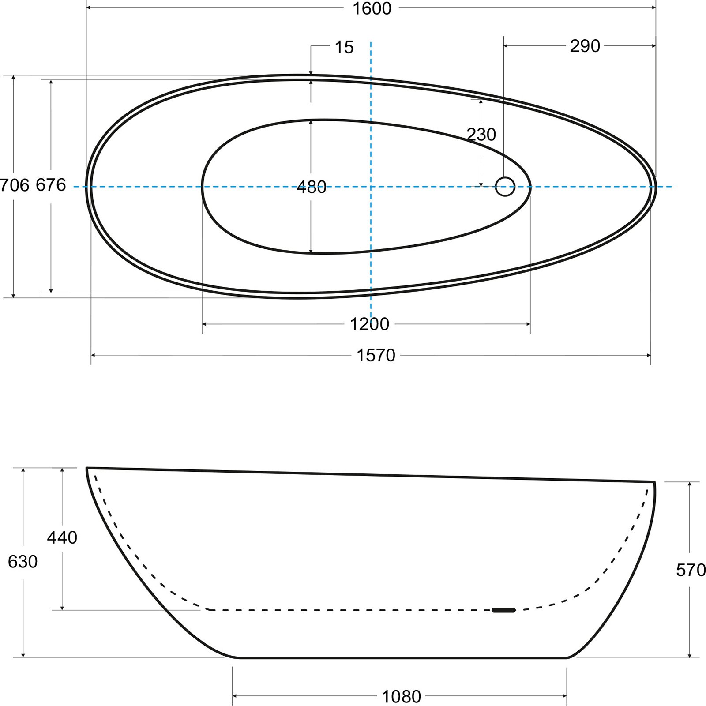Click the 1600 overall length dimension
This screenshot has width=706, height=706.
pyautogui.click(x=372, y=8)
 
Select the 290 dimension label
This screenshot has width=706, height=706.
pyautogui.click(x=585, y=46)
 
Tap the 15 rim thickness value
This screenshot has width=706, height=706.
pyautogui.click(x=344, y=47)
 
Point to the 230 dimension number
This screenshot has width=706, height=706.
pyautogui.click(x=481, y=134)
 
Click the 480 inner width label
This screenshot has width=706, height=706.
pyautogui.click(x=312, y=187)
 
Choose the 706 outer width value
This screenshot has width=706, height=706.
pyautogui.click(x=15, y=185)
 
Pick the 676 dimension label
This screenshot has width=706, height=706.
pyautogui.click(x=51, y=185)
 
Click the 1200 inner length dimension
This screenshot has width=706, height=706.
pyautogui.click(x=369, y=324)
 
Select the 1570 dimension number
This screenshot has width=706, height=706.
pyautogui.click(x=376, y=355)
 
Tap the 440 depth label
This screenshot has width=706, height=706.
pyautogui.click(x=62, y=537)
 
